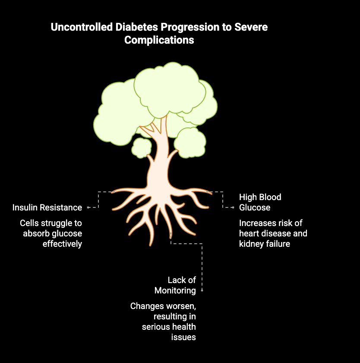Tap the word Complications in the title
159,40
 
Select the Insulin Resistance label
47,207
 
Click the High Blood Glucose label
260,202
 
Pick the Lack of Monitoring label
181,285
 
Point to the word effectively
62,244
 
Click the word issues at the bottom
183,337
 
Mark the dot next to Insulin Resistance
88,207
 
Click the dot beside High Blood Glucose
233,207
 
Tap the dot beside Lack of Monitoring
202,290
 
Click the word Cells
29,223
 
